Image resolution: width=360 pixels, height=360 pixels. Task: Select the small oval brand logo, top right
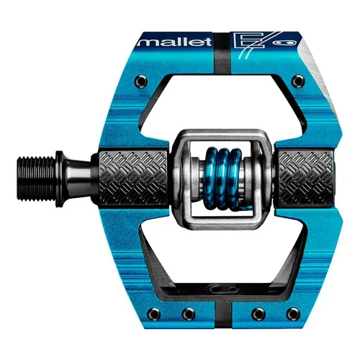click(274, 42)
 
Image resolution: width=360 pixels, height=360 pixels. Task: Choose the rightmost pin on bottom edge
click(295, 315)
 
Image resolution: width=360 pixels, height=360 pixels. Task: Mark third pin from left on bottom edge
click(256, 315)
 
